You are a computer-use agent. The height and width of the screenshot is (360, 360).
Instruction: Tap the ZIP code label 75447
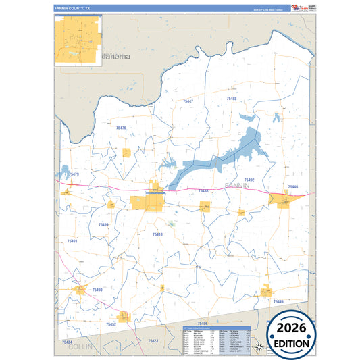pos(187,101)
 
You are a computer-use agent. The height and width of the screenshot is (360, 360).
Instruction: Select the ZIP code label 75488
pos(232,99)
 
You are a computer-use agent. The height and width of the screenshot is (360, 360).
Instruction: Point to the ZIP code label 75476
pos(121,128)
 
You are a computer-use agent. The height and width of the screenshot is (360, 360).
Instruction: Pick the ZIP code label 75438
pos(203,191)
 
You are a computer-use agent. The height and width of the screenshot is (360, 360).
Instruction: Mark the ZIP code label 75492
pos(249,180)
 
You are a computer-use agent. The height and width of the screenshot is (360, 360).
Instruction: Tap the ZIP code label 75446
pos(292,186)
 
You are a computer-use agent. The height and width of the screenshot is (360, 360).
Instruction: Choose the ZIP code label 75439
pos(103,224)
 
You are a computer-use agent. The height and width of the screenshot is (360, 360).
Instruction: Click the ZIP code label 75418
pos(157,234)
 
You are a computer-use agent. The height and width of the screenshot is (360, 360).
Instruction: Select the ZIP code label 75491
pos(73,241)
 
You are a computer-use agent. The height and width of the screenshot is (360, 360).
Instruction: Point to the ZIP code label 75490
pos(97,290)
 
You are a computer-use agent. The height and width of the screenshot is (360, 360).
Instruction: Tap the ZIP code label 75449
pos(278,301)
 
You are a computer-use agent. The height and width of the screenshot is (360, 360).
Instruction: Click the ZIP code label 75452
pos(111,324)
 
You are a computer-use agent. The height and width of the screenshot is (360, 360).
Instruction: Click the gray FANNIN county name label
pos(237,184)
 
